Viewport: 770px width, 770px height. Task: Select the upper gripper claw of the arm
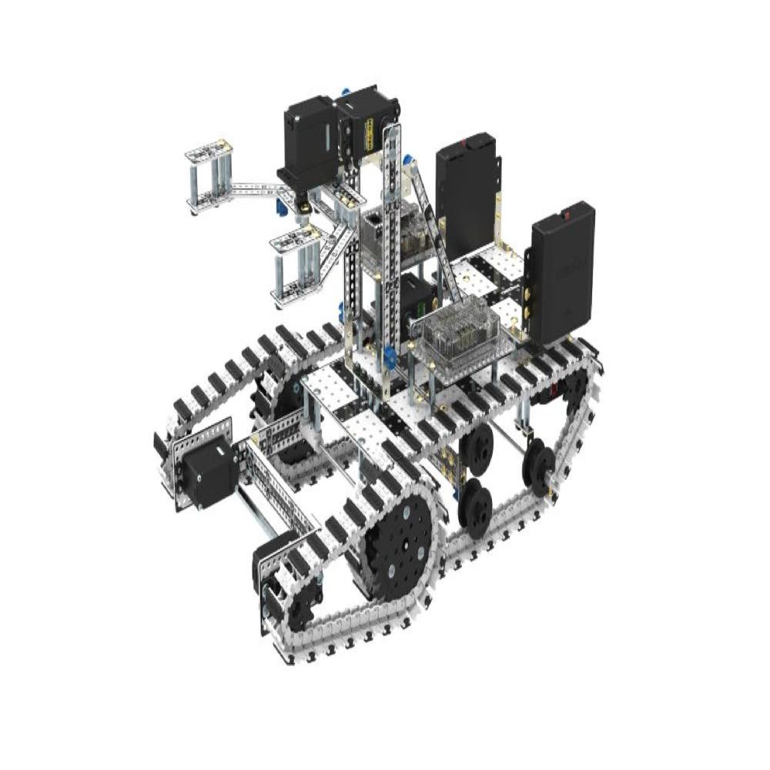[x=207, y=176]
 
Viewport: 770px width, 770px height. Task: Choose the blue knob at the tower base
[x=389, y=356]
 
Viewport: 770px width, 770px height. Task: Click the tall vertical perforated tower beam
[x=393, y=239]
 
